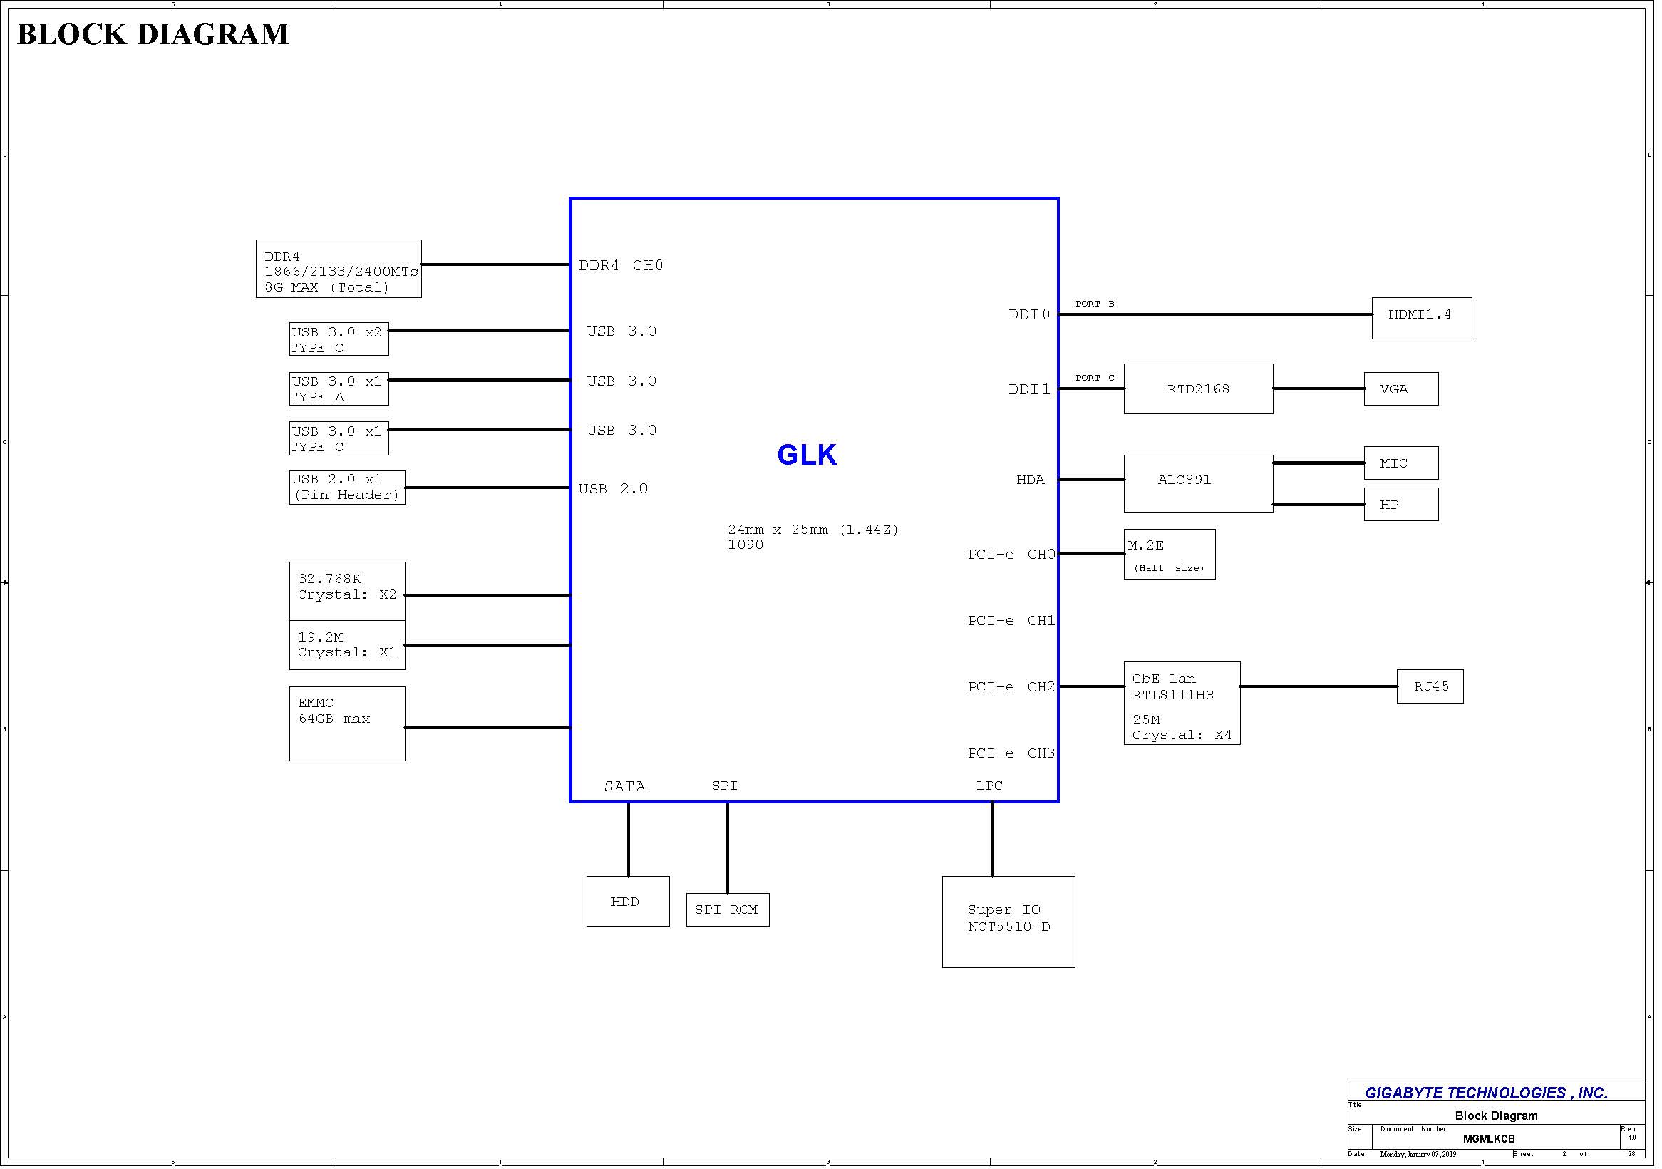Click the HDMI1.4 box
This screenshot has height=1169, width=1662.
(x=1422, y=318)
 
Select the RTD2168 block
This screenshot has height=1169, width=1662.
(x=1199, y=388)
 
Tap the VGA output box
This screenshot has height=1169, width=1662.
(x=1401, y=388)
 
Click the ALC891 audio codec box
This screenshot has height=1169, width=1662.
(x=1199, y=483)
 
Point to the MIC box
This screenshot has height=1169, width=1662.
(x=1401, y=463)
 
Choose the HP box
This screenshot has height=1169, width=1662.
(x=1401, y=505)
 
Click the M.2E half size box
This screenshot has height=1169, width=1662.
(x=1170, y=555)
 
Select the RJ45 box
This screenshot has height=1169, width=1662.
(x=1430, y=686)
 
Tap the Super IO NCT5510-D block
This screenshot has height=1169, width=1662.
(x=1009, y=922)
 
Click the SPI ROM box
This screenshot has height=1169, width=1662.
(x=728, y=910)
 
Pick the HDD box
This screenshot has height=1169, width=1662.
(x=629, y=901)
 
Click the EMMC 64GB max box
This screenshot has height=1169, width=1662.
(x=348, y=723)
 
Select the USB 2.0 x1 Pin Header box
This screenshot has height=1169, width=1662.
(x=348, y=488)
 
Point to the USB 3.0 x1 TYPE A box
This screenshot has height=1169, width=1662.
(x=339, y=389)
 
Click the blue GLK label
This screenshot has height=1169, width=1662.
(x=807, y=455)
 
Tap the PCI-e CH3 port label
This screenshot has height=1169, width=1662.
(x=1011, y=753)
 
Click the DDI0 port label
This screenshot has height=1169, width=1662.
(x=1029, y=315)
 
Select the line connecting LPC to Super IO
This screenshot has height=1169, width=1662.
(x=992, y=840)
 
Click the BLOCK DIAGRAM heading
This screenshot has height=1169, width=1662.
(x=153, y=34)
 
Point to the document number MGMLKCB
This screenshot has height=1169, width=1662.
(x=1489, y=1138)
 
